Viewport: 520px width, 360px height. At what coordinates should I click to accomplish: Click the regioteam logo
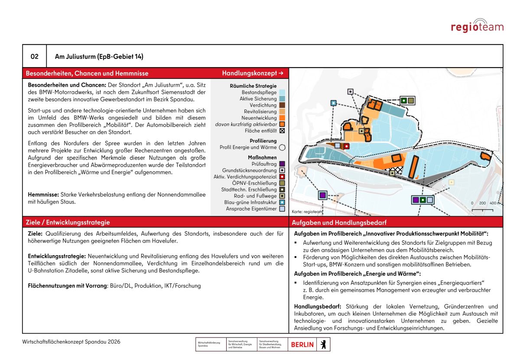click(477, 26)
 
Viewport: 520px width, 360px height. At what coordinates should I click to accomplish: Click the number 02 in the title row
click(35, 56)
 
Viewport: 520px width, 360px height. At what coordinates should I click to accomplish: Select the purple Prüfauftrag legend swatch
click(282, 164)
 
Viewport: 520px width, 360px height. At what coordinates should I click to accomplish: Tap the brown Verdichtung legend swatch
click(282, 105)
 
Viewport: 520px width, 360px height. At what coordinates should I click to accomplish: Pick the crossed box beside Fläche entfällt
click(282, 130)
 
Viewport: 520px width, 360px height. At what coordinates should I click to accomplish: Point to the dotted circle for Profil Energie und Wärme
click(282, 147)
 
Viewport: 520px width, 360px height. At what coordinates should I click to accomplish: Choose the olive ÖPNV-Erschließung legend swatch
click(282, 183)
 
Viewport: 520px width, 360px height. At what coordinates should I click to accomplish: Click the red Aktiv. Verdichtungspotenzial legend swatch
click(282, 177)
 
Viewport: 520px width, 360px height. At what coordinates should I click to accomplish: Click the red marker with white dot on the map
click(347, 146)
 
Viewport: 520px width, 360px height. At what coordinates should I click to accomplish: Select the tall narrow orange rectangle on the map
click(414, 167)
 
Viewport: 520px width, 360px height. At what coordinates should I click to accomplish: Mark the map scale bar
click(482, 210)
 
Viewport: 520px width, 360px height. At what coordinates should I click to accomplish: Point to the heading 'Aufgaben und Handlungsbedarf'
click(339, 222)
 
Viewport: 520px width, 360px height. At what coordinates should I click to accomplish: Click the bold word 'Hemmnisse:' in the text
click(44, 195)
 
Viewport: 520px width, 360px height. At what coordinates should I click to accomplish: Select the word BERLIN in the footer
click(302, 344)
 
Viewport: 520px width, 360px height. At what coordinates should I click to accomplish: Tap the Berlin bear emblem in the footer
click(323, 344)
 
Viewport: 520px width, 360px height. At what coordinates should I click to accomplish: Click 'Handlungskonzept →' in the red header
click(253, 73)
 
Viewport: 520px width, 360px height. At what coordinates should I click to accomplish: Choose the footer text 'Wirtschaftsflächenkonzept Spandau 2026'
click(71, 342)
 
